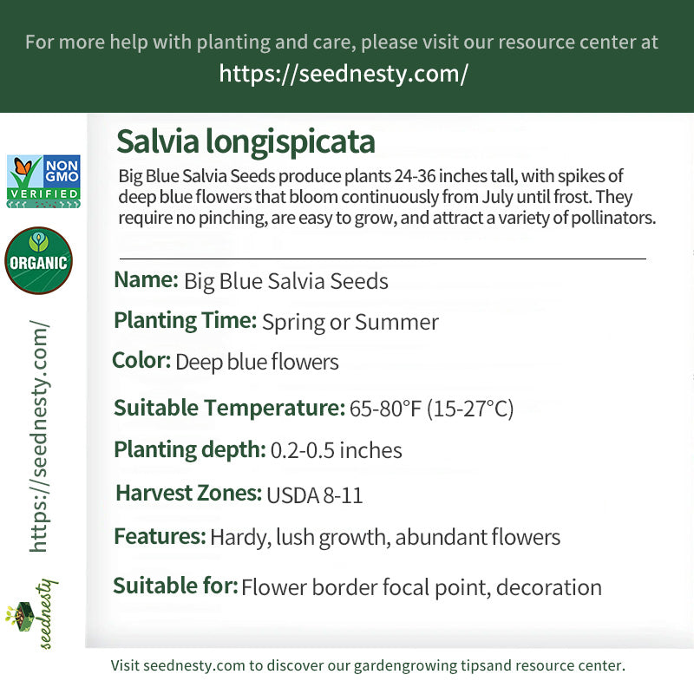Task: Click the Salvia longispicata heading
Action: click(246, 141)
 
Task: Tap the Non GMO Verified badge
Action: click(43, 181)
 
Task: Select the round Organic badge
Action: click(38, 260)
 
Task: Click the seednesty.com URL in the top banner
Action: click(344, 74)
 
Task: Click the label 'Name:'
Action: click(146, 280)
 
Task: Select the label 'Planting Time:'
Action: click(185, 321)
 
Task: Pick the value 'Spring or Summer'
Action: click(350, 323)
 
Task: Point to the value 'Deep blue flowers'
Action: click(257, 362)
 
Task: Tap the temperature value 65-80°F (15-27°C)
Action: click(431, 409)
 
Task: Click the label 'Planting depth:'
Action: click(189, 449)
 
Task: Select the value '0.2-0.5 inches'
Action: click(336, 451)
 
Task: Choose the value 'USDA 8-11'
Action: click(314, 495)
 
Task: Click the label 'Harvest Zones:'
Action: click(188, 494)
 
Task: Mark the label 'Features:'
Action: click(160, 536)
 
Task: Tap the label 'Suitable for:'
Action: click(175, 586)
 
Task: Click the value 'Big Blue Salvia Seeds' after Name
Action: click(285, 282)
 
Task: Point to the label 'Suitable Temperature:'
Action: click(229, 407)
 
